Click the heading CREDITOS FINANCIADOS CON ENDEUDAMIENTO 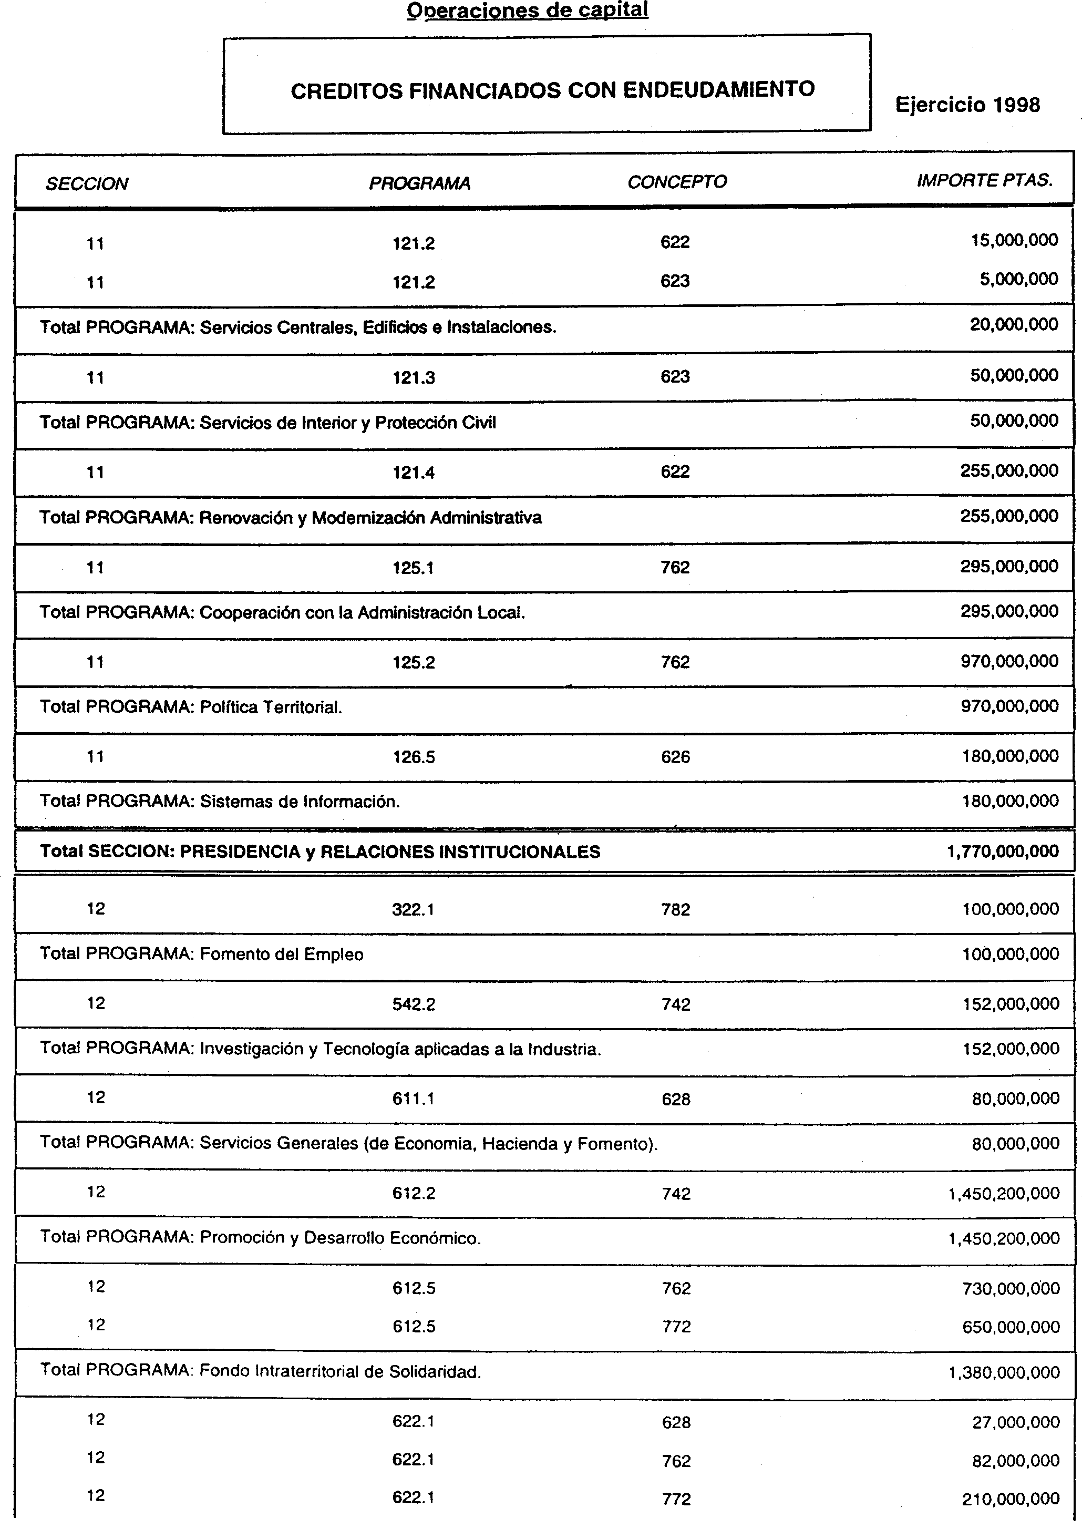coord(552,90)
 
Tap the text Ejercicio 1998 coord(967,105)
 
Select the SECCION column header coord(87,184)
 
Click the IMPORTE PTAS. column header coord(984,181)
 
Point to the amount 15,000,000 coord(1014,241)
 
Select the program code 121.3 coord(413,378)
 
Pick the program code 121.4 coord(413,473)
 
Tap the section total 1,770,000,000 coord(1002,851)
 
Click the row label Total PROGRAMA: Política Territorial coord(191,707)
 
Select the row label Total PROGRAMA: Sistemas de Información coord(220,802)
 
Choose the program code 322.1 coord(413,909)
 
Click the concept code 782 coord(676,909)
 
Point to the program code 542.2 coord(413,1004)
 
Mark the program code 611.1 coord(413,1099)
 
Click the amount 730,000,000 coord(1010,1288)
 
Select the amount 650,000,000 coord(1010,1327)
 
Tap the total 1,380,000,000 coord(1003,1372)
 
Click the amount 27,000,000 coord(1015,1422)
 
